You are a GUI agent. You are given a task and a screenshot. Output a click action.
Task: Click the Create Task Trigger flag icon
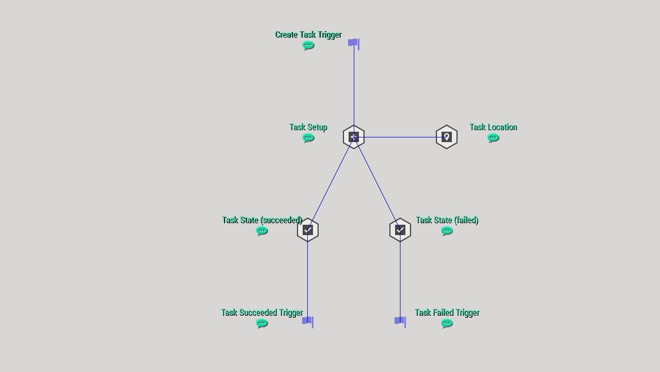tap(354, 43)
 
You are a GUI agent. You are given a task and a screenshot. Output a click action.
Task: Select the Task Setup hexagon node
tap(354, 137)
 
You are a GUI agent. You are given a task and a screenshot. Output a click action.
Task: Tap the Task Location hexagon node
tap(447, 137)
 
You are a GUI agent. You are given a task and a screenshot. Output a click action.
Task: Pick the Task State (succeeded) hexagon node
tap(308, 230)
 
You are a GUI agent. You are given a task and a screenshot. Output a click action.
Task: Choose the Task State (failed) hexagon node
tap(400, 230)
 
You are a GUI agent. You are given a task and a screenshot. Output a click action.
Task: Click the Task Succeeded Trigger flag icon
tap(308, 321)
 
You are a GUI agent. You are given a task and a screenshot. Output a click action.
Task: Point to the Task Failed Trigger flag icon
tap(400, 321)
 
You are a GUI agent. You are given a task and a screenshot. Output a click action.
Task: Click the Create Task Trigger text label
tap(308, 35)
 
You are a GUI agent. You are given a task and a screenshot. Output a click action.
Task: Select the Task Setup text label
tap(308, 127)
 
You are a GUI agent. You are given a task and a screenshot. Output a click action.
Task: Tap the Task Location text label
tap(493, 127)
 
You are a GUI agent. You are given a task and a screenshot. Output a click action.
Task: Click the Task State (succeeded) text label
tap(262, 220)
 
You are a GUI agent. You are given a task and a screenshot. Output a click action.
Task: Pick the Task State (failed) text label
tap(447, 220)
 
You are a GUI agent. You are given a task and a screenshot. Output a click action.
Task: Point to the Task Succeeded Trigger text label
tap(262, 313)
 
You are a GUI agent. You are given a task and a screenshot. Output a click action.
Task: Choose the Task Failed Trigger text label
tap(447, 313)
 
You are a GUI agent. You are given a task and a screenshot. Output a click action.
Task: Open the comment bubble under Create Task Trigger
tap(308, 45)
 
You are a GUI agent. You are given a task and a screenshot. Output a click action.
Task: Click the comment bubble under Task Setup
tap(308, 138)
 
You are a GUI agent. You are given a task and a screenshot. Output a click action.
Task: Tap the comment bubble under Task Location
tap(493, 138)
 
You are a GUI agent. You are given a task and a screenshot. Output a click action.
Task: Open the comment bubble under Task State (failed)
tap(447, 231)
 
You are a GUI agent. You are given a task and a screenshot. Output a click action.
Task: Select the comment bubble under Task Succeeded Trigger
tap(262, 323)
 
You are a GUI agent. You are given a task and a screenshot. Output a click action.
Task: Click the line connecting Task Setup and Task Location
tap(400, 137)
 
